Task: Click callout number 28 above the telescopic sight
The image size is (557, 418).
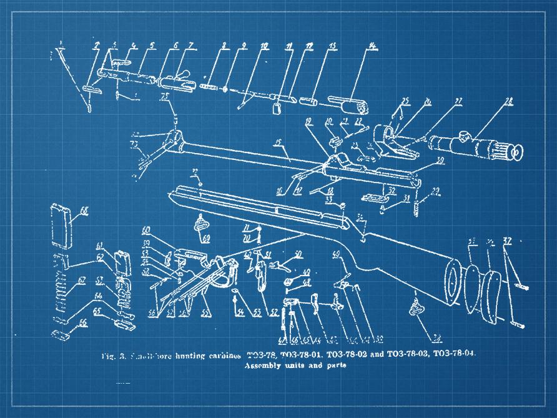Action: (x=508, y=101)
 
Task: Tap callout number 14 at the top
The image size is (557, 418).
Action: (x=372, y=46)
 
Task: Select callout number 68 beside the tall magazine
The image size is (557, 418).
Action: (x=84, y=212)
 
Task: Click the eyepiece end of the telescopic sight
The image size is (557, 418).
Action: (x=515, y=152)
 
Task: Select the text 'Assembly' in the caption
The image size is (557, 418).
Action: (x=262, y=366)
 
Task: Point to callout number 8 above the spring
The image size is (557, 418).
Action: (x=224, y=46)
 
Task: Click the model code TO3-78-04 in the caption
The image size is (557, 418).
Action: (x=453, y=354)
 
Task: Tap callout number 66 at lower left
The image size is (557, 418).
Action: (x=82, y=322)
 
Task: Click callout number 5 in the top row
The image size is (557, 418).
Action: (x=152, y=45)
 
